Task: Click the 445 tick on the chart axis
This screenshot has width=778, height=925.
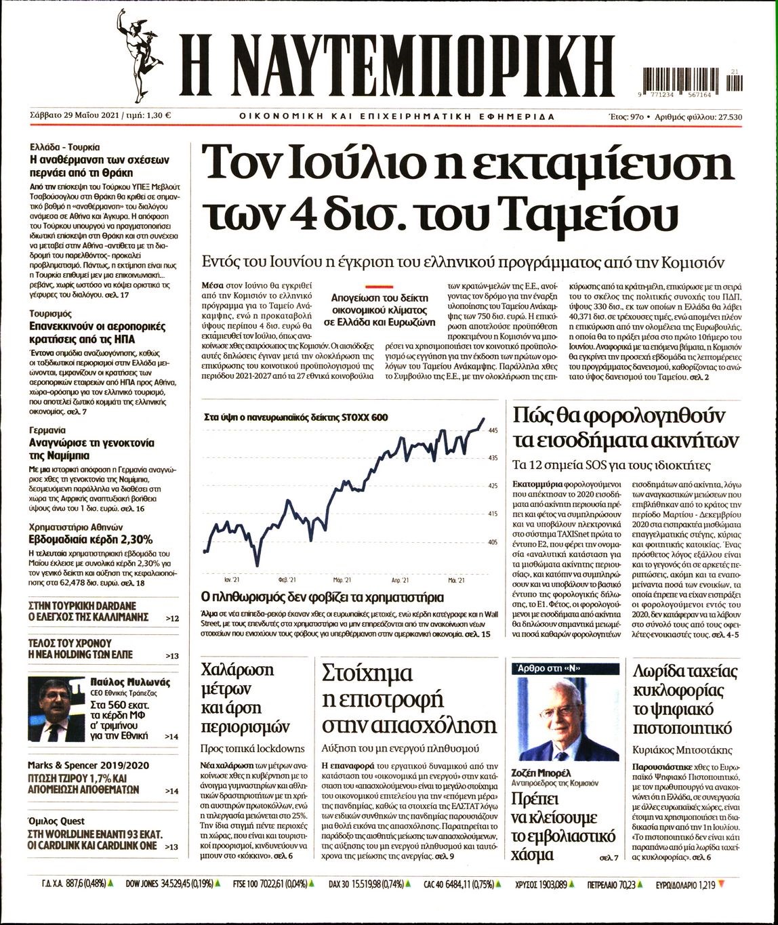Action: point(493,430)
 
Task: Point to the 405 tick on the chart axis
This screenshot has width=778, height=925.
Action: point(493,542)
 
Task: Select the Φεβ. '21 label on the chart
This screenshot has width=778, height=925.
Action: point(287,581)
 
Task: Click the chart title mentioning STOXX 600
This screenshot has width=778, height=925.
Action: point(295,417)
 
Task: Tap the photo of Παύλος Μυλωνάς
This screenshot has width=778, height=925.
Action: point(57,709)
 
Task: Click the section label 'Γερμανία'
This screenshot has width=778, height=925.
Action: point(47,430)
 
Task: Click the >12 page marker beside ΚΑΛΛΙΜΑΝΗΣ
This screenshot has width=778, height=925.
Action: point(172,619)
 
